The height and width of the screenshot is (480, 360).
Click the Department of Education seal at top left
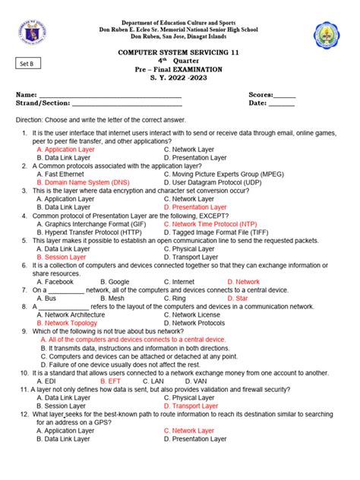pyautogui.click(x=27, y=33)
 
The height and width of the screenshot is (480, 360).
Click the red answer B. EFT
pyautogui.click(x=111, y=381)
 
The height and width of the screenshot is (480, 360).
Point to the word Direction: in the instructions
pyautogui.click(x=33, y=120)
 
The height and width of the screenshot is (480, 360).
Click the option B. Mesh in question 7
pyautogui.click(x=113, y=298)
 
